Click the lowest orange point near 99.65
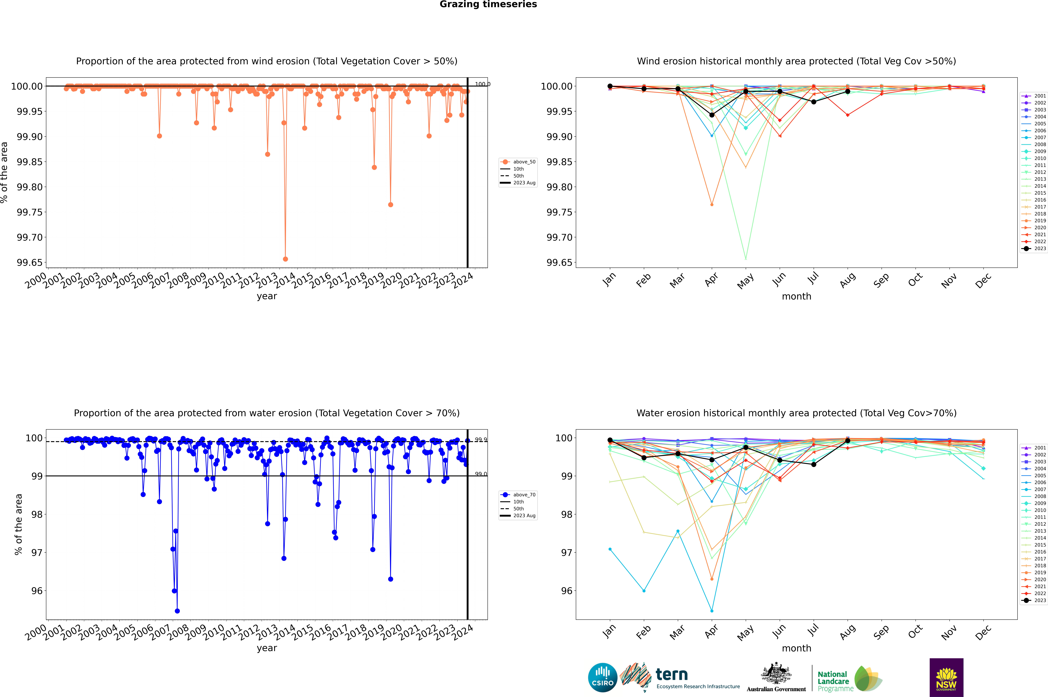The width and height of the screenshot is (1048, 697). pos(285,259)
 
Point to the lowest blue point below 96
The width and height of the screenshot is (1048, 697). pos(177,611)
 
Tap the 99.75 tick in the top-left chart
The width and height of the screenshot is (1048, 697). pos(29,212)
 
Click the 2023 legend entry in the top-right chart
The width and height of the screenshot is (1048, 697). pos(1040,248)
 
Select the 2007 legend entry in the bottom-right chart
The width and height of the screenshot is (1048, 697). pos(1040,489)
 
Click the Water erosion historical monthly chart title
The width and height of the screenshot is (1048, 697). pos(796,413)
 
